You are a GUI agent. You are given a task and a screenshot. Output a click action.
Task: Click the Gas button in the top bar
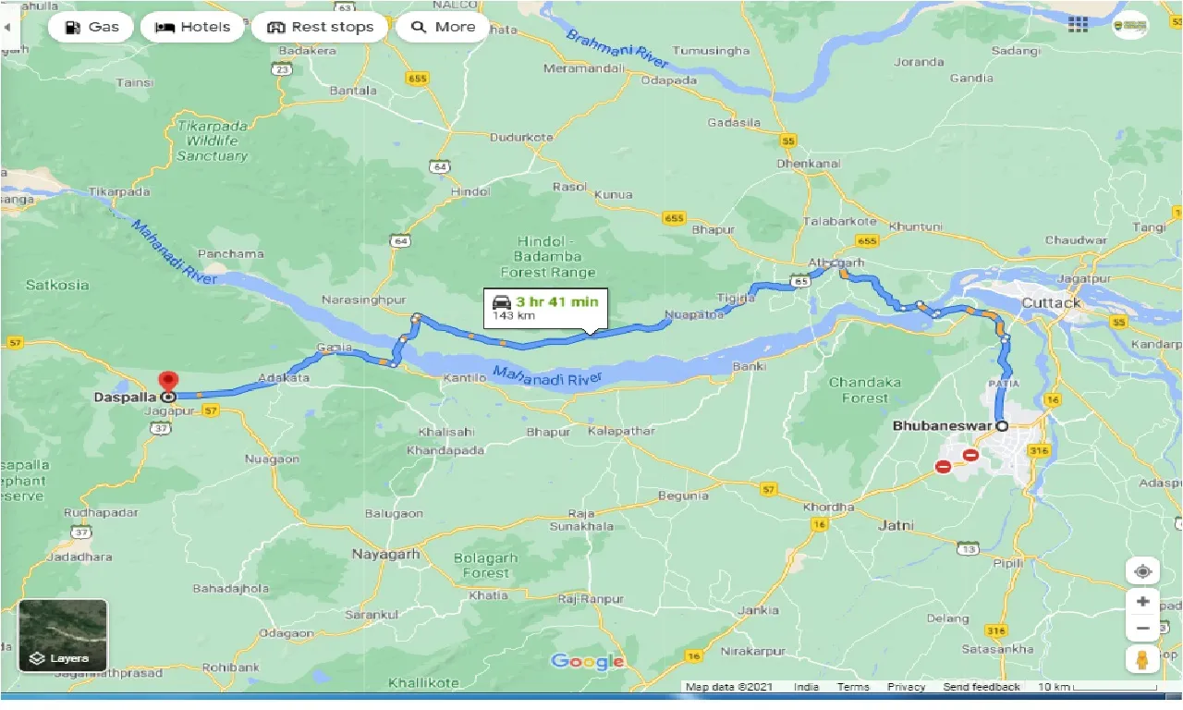[90, 27]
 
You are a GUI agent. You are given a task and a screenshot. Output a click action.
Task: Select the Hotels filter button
[192, 27]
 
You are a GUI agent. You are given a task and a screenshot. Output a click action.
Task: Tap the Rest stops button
[320, 27]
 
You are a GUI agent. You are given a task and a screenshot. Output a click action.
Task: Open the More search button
[443, 27]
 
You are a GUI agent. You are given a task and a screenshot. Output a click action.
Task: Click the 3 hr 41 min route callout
[545, 308]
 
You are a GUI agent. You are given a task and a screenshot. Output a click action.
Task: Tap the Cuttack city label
[1051, 303]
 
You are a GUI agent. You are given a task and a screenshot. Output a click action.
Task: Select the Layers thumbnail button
[63, 636]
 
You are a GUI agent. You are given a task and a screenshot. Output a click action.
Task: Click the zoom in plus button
[1142, 602]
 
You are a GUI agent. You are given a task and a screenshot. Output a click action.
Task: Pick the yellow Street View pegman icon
[1142, 659]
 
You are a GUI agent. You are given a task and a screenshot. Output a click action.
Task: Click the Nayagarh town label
[385, 555]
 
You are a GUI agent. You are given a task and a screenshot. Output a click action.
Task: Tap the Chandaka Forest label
[864, 390]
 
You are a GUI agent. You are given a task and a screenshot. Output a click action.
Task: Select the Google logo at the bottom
[588, 661]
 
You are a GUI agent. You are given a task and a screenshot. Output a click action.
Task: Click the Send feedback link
[982, 687]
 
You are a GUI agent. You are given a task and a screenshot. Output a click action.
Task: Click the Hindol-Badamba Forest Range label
[548, 257]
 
